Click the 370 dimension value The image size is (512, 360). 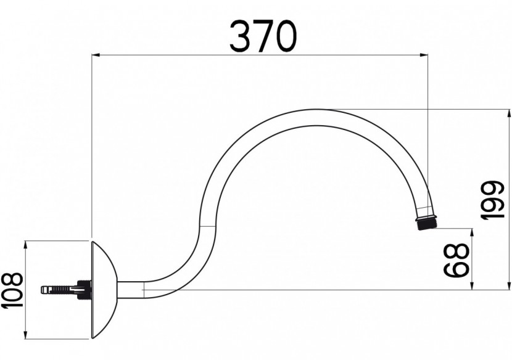pos(262,36)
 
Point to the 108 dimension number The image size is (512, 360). pos(12,290)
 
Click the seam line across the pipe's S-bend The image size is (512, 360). pos(207,227)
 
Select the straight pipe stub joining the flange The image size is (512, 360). pos(130,289)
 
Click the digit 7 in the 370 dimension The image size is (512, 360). pos(262,36)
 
